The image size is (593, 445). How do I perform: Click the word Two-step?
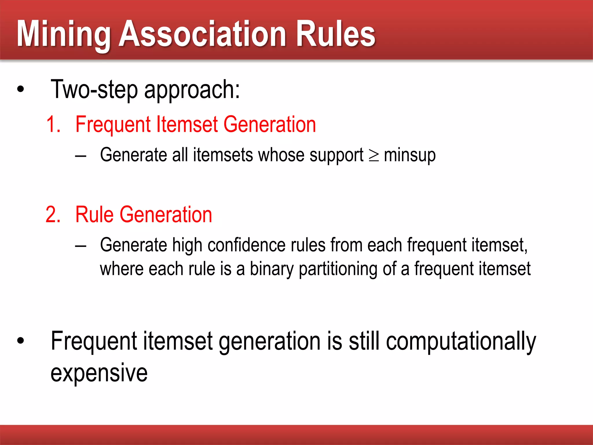pyautogui.click(x=94, y=90)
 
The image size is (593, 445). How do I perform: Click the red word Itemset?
pyautogui.click(x=187, y=125)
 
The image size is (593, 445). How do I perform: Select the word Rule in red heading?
pyautogui.click(x=94, y=215)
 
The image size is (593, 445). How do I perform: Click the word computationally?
pyautogui.click(x=461, y=342)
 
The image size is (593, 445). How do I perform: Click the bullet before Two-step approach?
pyautogui.click(x=20, y=90)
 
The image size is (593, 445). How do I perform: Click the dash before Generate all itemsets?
pyautogui.click(x=80, y=156)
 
